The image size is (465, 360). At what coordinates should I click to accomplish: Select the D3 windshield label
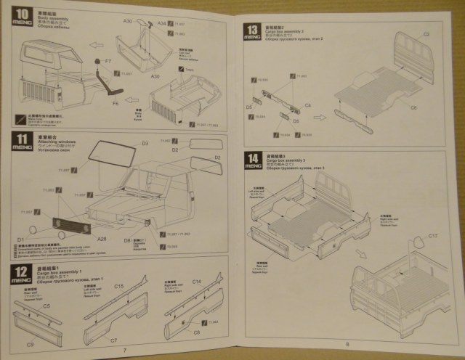[x=145, y=143]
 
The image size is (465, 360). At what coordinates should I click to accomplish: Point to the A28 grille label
[x=101, y=238]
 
